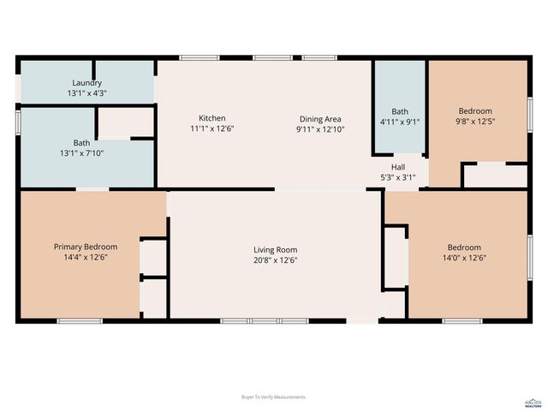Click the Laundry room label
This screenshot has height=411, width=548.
pos(86,83)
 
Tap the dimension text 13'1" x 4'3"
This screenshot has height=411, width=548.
pos(86,92)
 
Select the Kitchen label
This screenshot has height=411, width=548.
pos(212,118)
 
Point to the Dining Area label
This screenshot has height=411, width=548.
pos(320,119)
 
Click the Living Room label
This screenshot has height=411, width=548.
pos(275,250)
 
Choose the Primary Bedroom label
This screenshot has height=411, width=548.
pos(86,247)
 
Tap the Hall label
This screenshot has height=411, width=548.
pos(398,167)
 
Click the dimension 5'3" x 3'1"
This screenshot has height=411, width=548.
pos(398,177)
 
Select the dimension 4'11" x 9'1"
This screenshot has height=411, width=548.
pos(400,122)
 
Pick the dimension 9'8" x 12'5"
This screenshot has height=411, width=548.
pos(475,122)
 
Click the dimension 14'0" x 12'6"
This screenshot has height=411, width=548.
pos(463,257)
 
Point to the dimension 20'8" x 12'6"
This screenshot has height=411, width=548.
pos(275,260)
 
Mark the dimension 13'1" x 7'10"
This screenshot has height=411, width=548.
pos(81,153)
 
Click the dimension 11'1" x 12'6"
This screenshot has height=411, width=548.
pos(212,128)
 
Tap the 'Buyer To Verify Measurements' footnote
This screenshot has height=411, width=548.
pos(274,397)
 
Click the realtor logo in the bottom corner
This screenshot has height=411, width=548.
pos(532,401)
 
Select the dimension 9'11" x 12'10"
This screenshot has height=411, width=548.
pos(320,129)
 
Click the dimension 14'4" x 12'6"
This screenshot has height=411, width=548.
pos(86,257)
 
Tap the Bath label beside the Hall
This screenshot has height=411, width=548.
pos(400,111)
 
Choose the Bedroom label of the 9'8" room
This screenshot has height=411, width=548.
pos(475,111)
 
